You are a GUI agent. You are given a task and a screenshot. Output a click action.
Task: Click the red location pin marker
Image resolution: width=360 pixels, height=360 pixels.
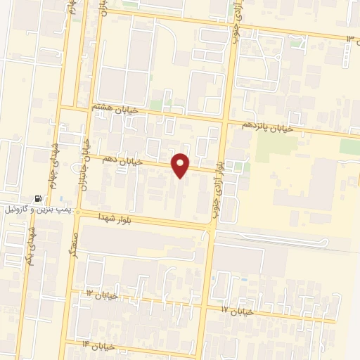click(x=181, y=165)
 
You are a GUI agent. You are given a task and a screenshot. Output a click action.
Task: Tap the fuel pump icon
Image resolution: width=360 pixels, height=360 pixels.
click(x=37, y=200)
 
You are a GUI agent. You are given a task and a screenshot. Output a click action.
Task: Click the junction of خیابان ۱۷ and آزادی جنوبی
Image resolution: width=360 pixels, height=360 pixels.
click(x=205, y=306)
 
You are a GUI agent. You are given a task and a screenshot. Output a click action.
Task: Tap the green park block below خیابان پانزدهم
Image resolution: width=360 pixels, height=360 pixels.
click(x=277, y=146)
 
